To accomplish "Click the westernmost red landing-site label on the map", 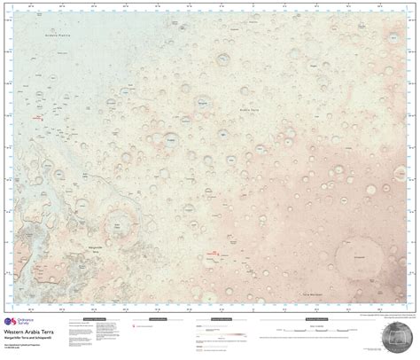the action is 36,117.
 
